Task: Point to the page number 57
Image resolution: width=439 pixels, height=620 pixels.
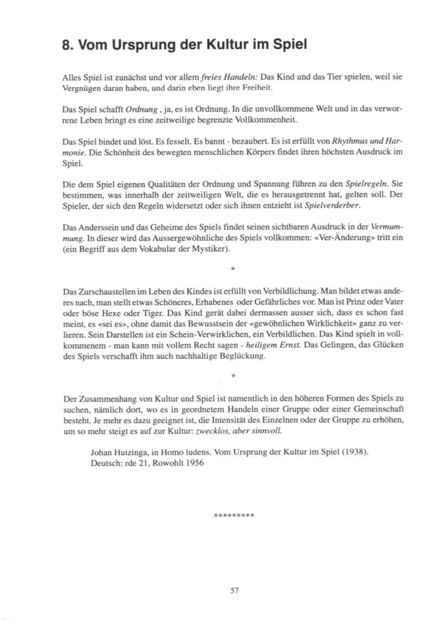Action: pyautogui.click(x=235, y=590)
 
